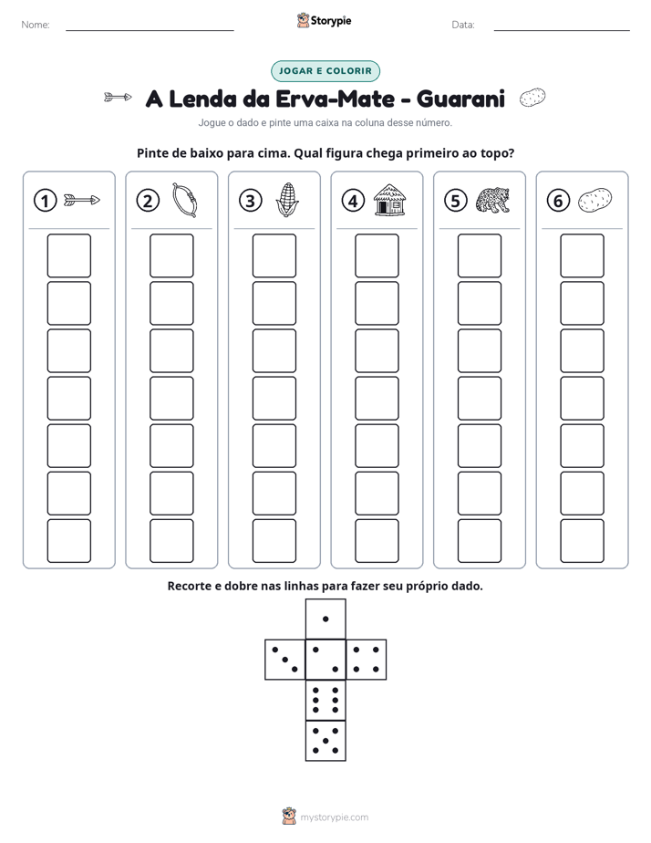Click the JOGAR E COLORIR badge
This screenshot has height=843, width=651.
tap(325, 71)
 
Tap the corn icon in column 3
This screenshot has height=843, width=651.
tap(287, 200)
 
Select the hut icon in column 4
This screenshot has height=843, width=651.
tap(389, 200)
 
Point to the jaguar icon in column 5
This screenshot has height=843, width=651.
tap(492, 200)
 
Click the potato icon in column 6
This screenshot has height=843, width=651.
tap(594, 200)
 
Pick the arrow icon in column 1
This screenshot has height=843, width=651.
tap(82, 201)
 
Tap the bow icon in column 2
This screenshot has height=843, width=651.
tap(185, 200)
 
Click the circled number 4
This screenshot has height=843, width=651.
tap(353, 201)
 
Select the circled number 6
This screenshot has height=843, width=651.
tap(558, 201)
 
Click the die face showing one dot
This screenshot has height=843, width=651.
tap(325, 619)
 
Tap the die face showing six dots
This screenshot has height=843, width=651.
tap(325, 700)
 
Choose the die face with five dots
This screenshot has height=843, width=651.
tap(325, 740)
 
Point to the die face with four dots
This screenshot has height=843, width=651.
tap(367, 660)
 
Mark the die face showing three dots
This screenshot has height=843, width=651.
tap(285, 660)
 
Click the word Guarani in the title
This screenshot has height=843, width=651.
tap(460, 99)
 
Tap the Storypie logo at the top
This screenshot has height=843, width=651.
tap(324, 20)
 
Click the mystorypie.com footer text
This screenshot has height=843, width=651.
tap(334, 817)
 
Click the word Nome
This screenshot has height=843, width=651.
tap(36, 25)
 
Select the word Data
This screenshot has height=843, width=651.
tap(463, 25)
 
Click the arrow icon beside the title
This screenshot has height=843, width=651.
tap(118, 98)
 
